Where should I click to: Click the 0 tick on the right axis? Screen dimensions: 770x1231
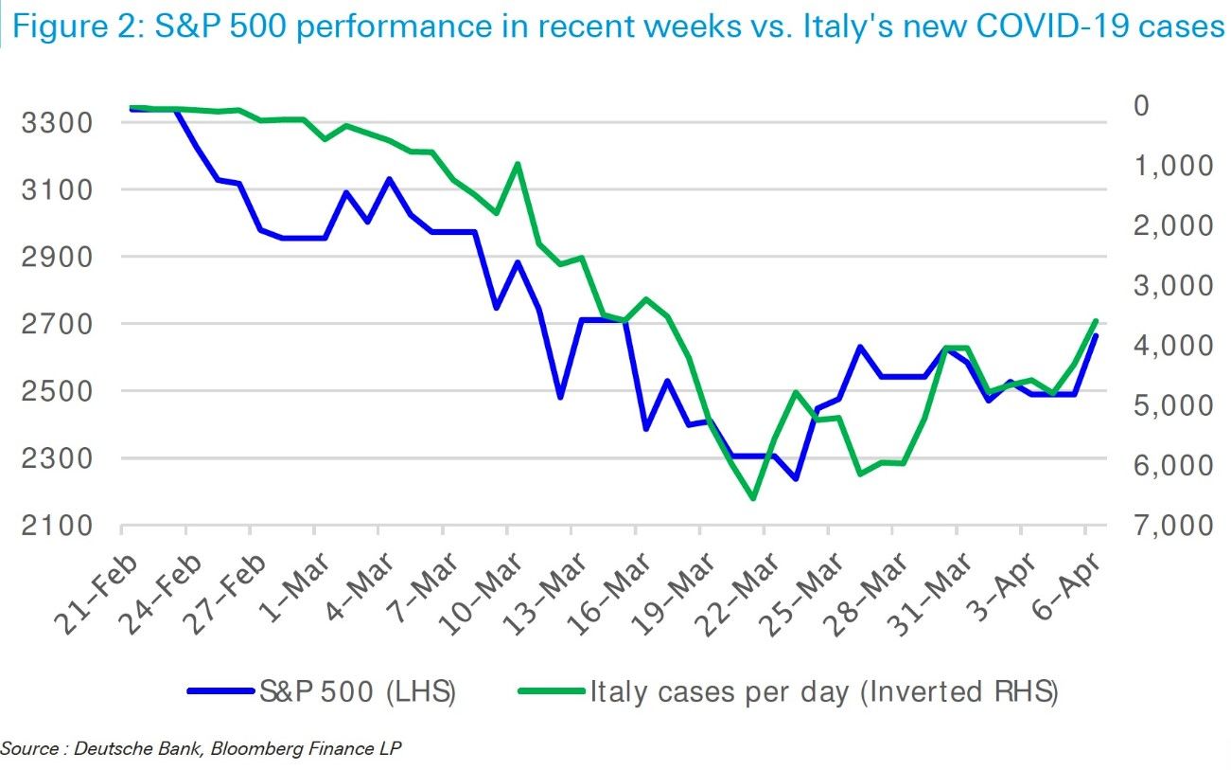tap(1141, 104)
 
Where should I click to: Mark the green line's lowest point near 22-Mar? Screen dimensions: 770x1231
tap(753, 498)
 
